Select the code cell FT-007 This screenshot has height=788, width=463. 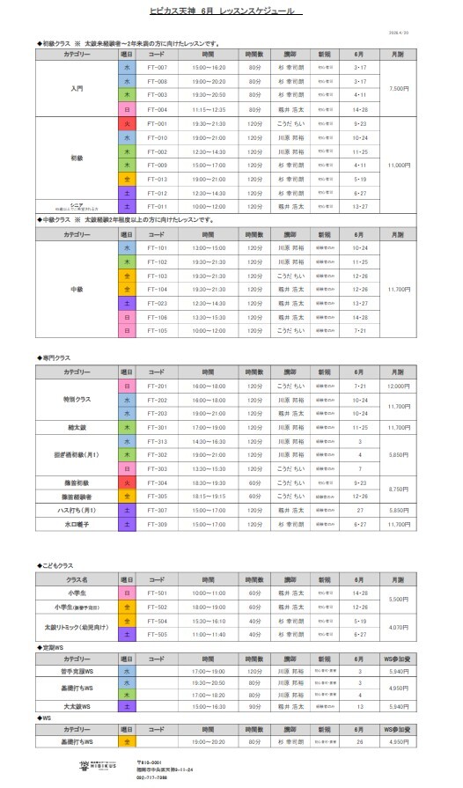click(158, 67)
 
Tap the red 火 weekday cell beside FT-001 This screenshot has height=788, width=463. click(128, 123)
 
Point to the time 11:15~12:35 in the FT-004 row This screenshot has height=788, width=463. click(209, 109)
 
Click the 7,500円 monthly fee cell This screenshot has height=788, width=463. click(399, 88)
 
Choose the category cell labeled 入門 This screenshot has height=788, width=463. click(77, 88)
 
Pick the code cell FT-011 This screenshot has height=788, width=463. click(158, 208)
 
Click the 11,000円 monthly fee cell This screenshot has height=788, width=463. click(399, 166)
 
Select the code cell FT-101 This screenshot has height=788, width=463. click(158, 247)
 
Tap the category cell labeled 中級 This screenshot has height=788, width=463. click(77, 289)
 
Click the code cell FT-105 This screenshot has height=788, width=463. click(158, 331)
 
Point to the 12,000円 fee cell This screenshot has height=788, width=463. click(399, 386)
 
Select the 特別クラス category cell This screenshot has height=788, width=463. click(77, 400)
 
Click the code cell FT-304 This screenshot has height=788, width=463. click(158, 482)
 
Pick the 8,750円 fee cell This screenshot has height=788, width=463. click(399, 490)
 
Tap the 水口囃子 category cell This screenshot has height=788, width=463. click(77, 525)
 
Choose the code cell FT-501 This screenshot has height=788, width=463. click(158, 593)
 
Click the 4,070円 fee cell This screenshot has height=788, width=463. click(399, 627)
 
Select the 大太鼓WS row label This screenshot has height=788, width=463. click(77, 706)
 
